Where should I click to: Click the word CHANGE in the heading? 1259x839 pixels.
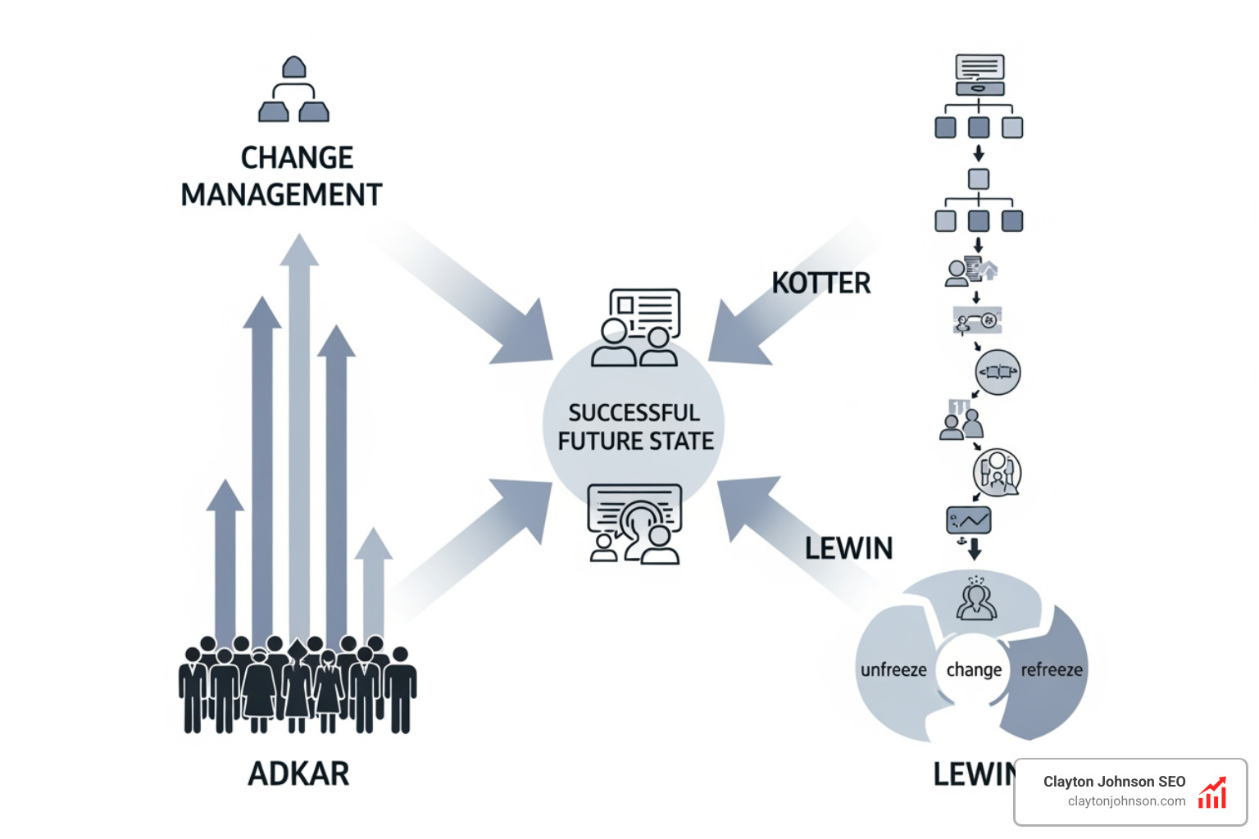coord(297,157)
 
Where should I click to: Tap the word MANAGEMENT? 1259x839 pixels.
coord(281,195)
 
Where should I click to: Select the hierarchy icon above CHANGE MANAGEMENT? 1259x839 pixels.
coord(293,89)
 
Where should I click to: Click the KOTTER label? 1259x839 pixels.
coord(820,283)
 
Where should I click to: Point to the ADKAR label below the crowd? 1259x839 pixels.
coord(298,773)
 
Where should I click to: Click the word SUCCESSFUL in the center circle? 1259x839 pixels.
coord(634,412)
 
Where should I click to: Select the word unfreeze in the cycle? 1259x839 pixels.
coord(893,670)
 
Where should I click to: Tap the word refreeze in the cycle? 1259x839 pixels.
coord(1051,670)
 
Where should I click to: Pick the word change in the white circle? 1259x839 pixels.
coord(974,670)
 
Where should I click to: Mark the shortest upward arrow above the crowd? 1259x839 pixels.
coord(374,582)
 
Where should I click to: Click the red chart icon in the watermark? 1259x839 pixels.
coord(1212,792)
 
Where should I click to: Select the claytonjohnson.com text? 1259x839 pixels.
coord(1126,801)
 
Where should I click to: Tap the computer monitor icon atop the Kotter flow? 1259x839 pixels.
coord(979,75)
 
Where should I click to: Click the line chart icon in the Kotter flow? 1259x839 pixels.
coord(969,520)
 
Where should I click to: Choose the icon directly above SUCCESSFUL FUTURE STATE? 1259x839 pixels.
coord(637,327)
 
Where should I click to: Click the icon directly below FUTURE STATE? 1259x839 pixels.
coord(635,524)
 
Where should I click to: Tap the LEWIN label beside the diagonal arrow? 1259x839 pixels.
coord(848,548)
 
